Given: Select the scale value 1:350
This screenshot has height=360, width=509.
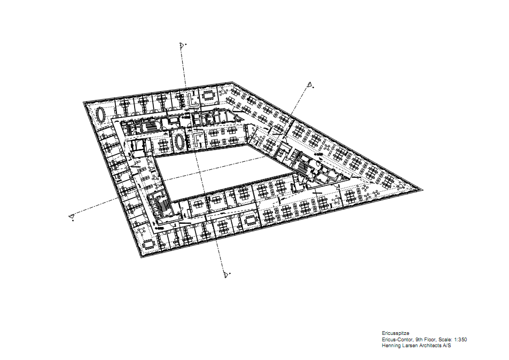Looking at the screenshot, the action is coord(460,340).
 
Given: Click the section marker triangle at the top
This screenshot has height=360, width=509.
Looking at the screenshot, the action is coord(182,45).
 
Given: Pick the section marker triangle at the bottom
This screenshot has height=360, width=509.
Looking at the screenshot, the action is coord(226,275).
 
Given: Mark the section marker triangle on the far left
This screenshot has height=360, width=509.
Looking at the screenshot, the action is coord(72,216).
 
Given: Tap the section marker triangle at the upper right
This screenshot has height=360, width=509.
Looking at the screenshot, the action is coord(310,85).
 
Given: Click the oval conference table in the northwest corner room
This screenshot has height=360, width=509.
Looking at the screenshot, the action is coord(101,115).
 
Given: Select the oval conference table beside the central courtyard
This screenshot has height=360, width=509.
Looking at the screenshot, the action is coord(179,142).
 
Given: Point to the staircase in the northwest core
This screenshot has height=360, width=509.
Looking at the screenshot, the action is coord(150,126).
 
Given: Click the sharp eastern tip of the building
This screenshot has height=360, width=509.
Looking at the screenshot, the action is coord(423,190).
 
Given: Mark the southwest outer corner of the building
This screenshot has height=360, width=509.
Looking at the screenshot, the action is coord(141,258).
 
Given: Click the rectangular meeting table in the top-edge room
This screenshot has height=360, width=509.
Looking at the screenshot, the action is coord(208,95).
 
